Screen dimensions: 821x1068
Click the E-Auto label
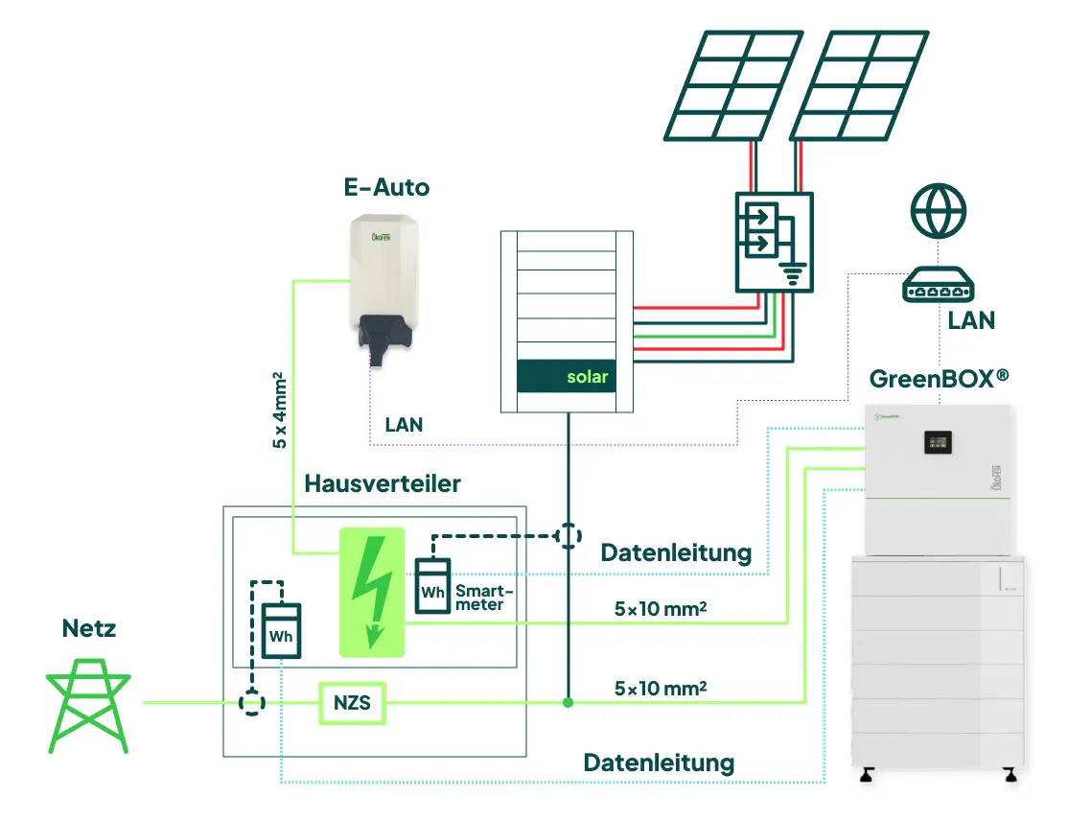[386, 187]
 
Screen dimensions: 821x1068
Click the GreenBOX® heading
[939, 378]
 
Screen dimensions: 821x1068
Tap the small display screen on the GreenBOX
[938, 441]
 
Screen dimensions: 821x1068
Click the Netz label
[89, 629]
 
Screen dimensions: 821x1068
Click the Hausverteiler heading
[382, 483]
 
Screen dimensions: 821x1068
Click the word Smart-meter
[478, 597]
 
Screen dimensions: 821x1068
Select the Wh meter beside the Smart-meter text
[432, 587]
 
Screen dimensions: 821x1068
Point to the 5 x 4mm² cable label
[279, 409]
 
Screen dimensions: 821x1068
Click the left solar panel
[730, 86]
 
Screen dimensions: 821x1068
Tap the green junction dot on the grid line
[569, 703]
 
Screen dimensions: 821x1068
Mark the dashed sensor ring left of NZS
[251, 704]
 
